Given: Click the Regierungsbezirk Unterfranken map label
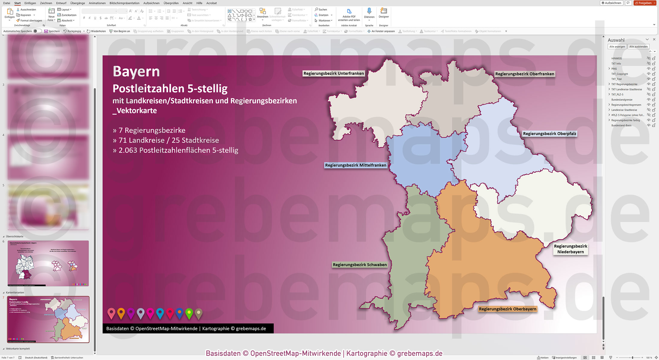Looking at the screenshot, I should tap(333, 73).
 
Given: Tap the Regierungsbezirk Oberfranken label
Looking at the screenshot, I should tap(525, 74).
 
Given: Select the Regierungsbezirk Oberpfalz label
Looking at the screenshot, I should tap(549, 134).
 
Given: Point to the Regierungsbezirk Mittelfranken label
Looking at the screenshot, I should tap(356, 165).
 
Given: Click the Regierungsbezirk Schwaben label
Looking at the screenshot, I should tap(359, 265).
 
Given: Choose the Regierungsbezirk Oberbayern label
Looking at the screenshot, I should tap(507, 309).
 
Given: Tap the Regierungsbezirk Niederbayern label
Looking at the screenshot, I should tap(570, 249).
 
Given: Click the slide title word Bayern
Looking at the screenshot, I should tap(136, 72).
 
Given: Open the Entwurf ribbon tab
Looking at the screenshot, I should tap(61, 3).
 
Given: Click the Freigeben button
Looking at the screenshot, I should tap(645, 3).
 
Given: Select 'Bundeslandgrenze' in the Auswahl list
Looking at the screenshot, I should tap(622, 100).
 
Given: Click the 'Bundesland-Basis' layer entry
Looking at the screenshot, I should tap(621, 125).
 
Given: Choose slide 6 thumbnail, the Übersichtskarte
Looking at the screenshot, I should tap(48, 263).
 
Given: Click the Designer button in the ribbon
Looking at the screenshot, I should tap(383, 13).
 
